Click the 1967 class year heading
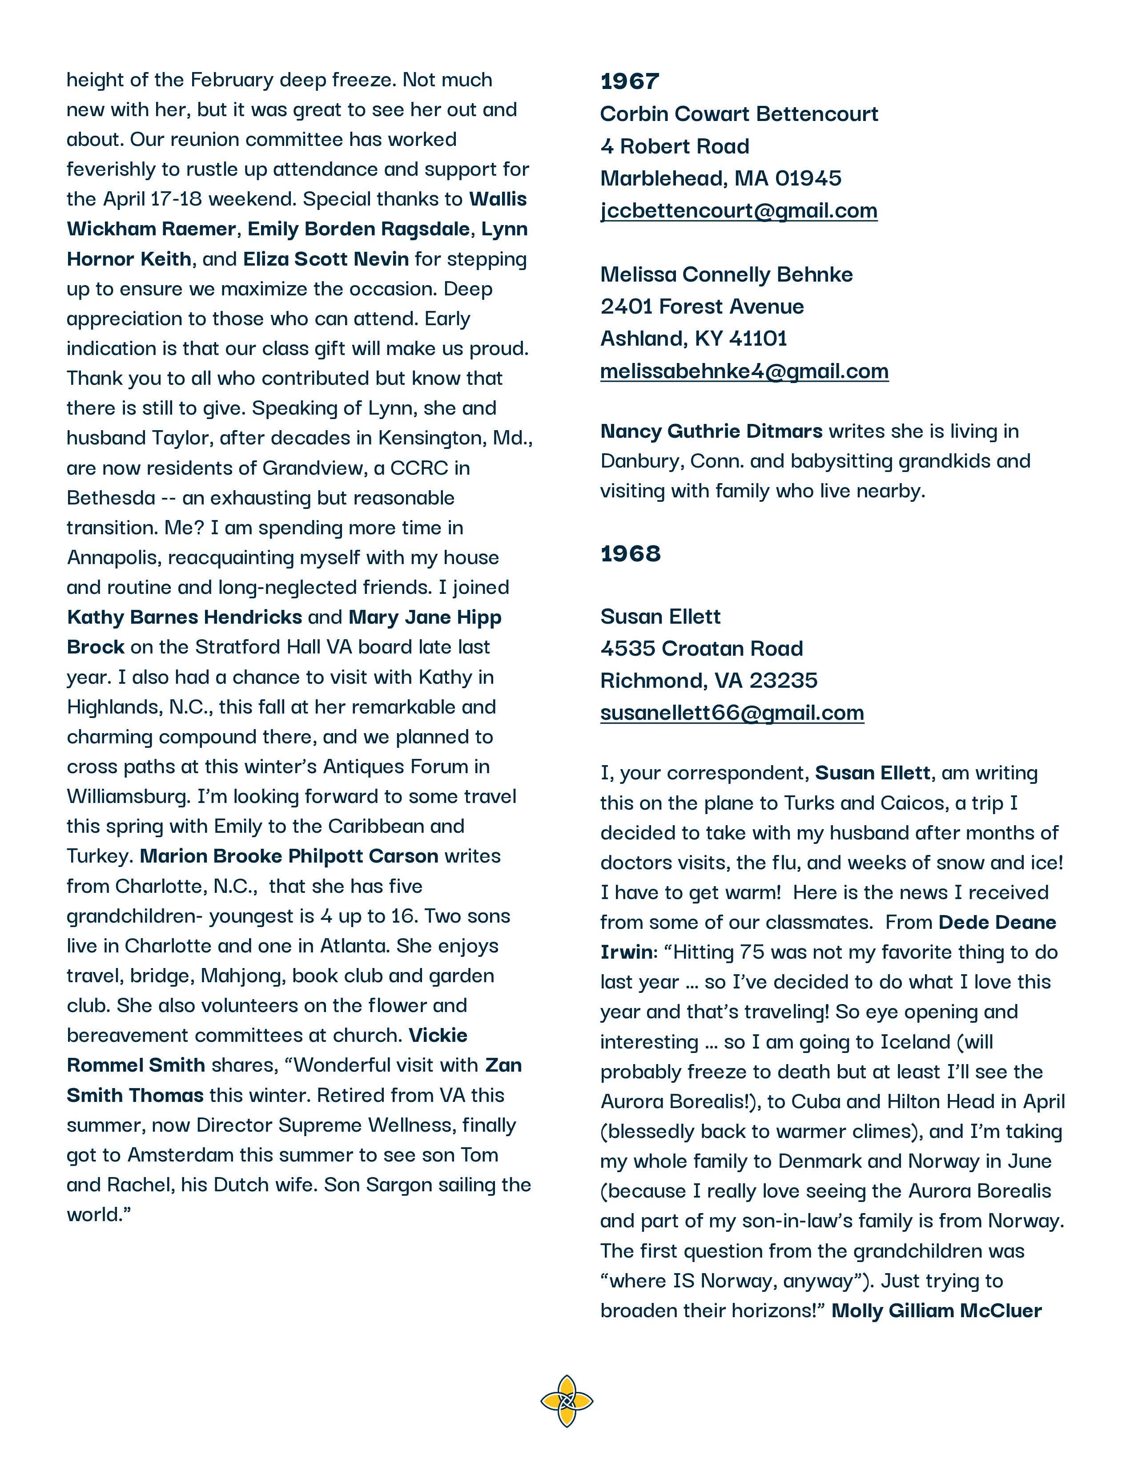click(x=629, y=81)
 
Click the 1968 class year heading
click(x=630, y=554)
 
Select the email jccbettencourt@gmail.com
click(x=738, y=210)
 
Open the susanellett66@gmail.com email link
click(x=732, y=713)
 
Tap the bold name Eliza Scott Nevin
click(x=326, y=259)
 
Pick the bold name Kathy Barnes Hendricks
click(x=185, y=617)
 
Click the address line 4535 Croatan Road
click(x=701, y=648)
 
